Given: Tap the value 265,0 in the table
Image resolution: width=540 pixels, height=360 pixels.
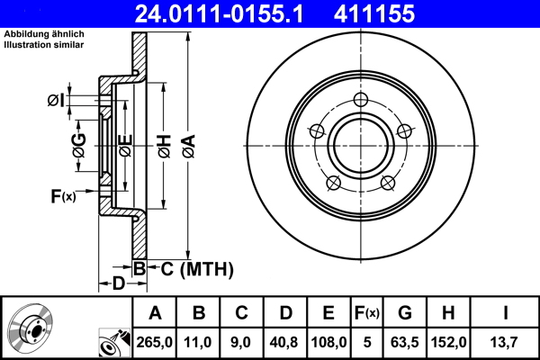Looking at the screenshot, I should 155,341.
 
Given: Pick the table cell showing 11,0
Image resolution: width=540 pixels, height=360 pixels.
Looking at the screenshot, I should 199,341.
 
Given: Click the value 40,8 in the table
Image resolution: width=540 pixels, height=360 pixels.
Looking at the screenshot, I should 285,341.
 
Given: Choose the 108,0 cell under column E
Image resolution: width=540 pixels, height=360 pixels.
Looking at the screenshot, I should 328,341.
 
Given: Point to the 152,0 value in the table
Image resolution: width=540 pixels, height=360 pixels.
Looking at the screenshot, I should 447,341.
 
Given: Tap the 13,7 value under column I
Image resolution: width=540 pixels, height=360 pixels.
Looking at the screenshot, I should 505,341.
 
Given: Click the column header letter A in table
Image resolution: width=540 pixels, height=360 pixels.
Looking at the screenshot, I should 155,313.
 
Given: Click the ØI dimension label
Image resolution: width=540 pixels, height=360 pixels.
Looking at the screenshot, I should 56,100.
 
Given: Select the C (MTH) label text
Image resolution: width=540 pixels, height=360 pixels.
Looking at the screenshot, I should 191,268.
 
